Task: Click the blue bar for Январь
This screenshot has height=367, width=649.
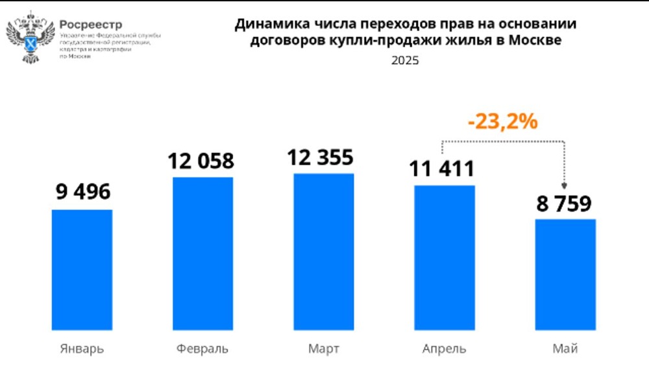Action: click(x=82, y=269)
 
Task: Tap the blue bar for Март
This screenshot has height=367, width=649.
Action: click(x=323, y=251)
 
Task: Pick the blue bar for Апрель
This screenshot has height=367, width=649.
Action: click(x=445, y=257)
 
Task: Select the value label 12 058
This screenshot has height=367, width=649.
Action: click(x=202, y=160)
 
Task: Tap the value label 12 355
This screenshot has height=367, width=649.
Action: click(x=323, y=157)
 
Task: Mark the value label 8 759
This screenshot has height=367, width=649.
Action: click(x=563, y=204)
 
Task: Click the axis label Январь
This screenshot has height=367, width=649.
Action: click(x=82, y=349)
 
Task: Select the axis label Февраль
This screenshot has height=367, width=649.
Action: click(x=202, y=349)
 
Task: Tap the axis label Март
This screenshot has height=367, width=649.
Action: click(x=323, y=349)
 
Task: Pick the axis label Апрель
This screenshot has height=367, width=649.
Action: click(x=445, y=349)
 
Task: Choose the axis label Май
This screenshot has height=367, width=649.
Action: click(x=565, y=349)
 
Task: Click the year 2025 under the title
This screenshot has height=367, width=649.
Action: click(x=405, y=61)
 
